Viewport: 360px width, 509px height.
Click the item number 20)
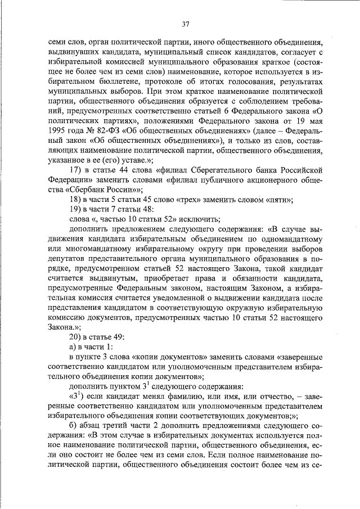[75, 336]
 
